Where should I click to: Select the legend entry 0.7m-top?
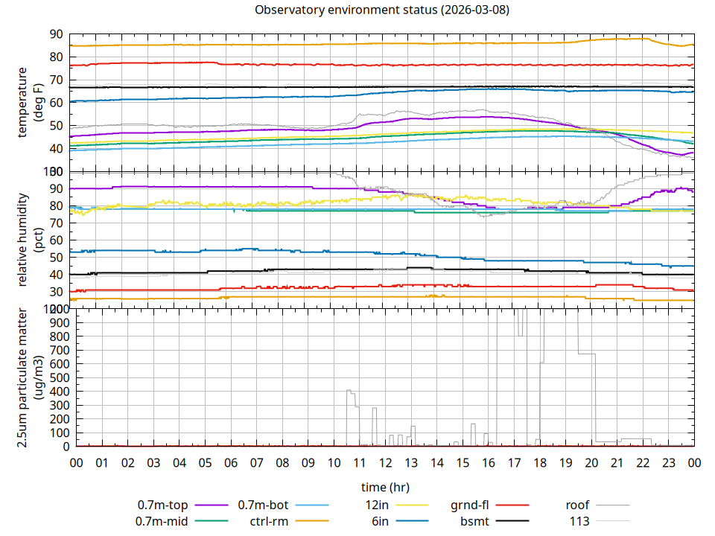[x=162, y=505]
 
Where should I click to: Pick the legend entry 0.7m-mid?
[x=162, y=521]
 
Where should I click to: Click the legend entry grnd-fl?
[x=470, y=505]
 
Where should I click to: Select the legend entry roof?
[x=578, y=505]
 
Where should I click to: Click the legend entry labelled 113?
[x=579, y=521]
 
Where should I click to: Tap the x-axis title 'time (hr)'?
[x=385, y=488]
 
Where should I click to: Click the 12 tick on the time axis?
[x=385, y=463]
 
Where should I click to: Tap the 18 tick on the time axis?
[x=540, y=463]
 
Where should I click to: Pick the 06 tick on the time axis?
[x=231, y=463]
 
